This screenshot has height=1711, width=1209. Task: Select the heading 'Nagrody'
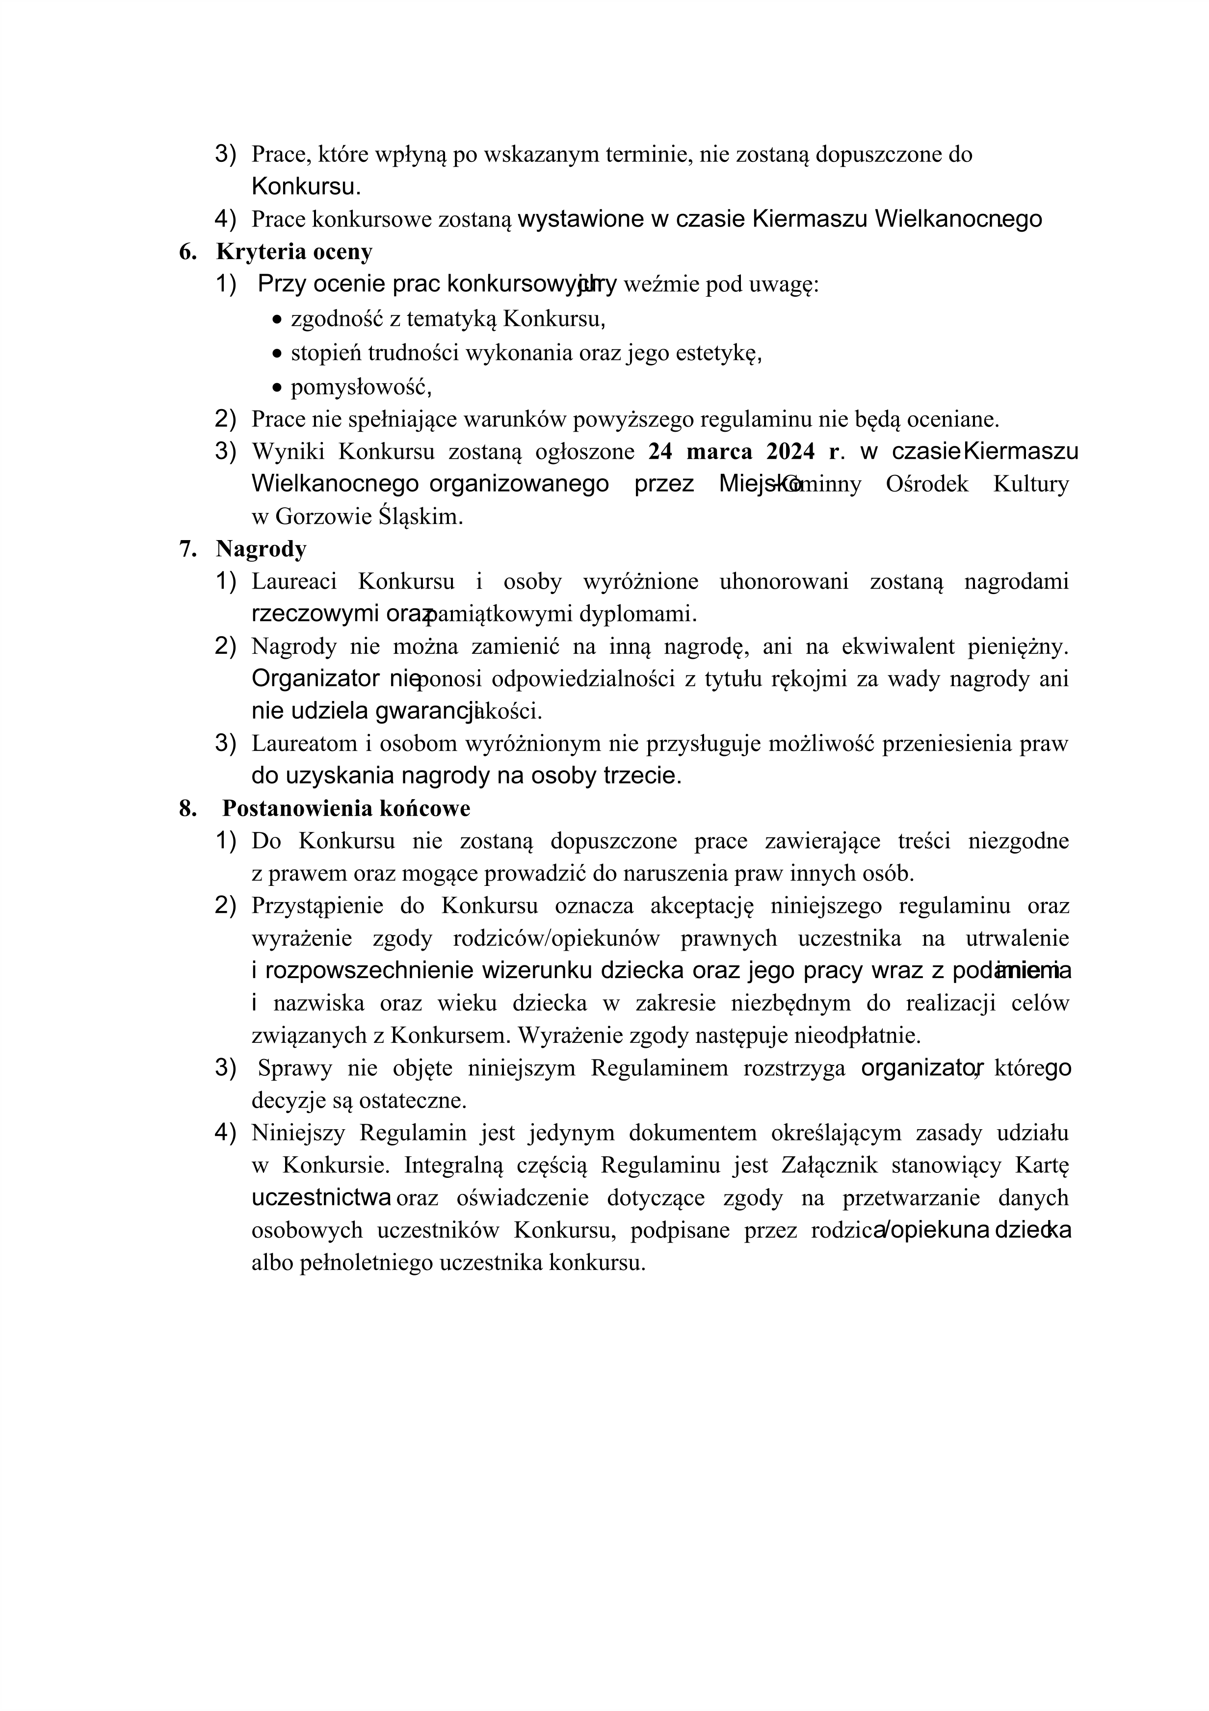(261, 549)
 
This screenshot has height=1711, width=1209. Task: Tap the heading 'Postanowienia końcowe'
(346, 808)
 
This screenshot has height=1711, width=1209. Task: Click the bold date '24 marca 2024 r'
(742, 452)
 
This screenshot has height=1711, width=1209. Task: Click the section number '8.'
(188, 808)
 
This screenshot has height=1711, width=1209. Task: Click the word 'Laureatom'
(304, 743)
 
